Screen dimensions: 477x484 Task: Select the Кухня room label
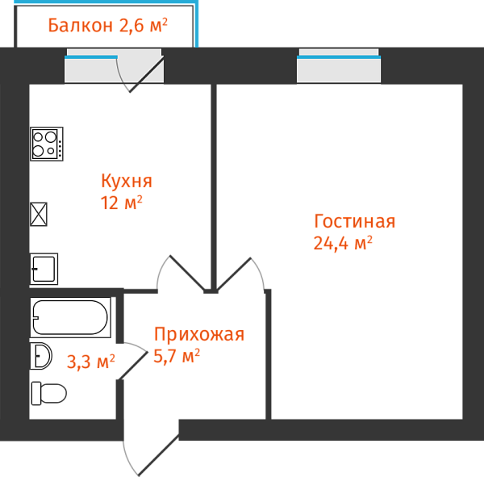[x=126, y=181]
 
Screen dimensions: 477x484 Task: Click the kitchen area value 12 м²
[x=121, y=203]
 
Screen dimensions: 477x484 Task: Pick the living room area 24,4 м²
[x=343, y=243]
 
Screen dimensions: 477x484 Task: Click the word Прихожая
[x=198, y=334]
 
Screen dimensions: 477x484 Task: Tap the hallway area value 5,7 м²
[x=177, y=355]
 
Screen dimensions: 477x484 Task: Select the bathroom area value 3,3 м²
[x=90, y=362]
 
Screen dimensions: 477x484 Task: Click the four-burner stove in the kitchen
[x=47, y=144]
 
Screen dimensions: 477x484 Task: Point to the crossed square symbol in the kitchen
[x=39, y=214]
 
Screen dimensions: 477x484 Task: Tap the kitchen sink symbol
[x=44, y=269]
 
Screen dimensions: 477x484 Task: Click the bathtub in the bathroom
[x=69, y=317]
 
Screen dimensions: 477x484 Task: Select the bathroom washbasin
[x=41, y=356]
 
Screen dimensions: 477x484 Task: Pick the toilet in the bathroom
[x=49, y=394]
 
